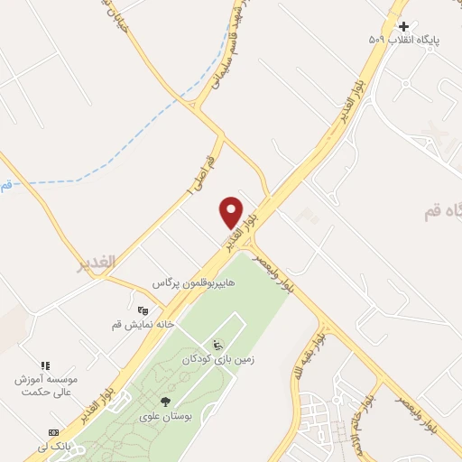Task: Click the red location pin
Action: coord(232,211)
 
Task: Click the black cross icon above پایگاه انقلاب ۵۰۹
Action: coord(403,27)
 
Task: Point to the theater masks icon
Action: coord(142,310)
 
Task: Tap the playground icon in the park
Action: coord(217,344)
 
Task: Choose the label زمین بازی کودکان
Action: coord(218,358)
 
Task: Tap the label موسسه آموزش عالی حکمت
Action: coord(47,386)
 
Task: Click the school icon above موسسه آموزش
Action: coord(46,365)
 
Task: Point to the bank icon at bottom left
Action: coord(53,433)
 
